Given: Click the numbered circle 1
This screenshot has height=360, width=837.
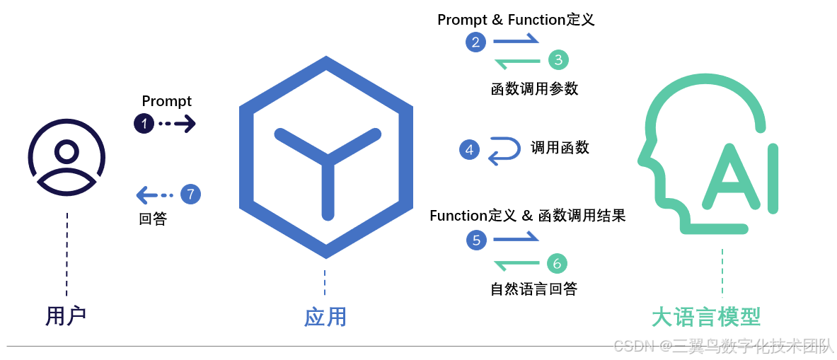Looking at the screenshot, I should (144, 124).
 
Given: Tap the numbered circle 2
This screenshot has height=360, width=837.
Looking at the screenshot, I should (475, 42).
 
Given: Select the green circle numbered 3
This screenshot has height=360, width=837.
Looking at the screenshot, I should (558, 60).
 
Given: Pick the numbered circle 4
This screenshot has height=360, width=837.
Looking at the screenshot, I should (469, 149).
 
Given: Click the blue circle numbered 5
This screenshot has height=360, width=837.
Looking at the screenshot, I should (476, 240).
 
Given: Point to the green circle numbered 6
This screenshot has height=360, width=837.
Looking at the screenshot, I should (557, 264).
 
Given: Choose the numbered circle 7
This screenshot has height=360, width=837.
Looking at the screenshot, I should (190, 194).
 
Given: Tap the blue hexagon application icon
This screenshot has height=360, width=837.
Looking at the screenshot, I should (325, 157).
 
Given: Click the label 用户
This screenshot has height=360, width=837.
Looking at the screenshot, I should (66, 315).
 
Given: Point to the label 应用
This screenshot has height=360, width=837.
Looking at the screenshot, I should (325, 316).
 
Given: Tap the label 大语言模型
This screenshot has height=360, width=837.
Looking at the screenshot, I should (706, 316).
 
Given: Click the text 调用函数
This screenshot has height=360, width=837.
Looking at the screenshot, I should (560, 147).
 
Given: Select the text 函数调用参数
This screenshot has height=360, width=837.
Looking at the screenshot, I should (534, 88).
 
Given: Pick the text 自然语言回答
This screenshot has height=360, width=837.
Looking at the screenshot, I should (533, 289).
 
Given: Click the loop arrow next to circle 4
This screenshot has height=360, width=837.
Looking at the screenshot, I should (504, 150).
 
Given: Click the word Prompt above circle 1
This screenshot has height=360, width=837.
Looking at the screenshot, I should (167, 101).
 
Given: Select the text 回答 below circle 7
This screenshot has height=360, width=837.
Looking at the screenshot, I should (153, 219).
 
